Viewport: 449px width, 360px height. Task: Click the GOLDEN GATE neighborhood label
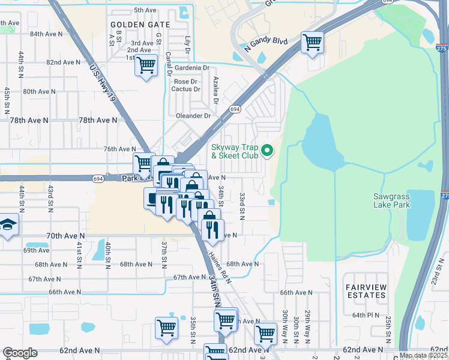click(x=140, y=25)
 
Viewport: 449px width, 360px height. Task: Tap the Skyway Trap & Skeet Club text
click(x=235, y=151)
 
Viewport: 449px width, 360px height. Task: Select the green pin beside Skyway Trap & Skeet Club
click(x=268, y=151)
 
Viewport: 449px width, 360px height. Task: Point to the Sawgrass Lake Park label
click(x=391, y=200)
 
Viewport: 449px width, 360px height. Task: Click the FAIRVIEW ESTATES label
click(x=366, y=291)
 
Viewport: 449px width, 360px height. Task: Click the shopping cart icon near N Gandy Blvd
click(x=312, y=43)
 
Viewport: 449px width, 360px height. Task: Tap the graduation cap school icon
click(x=8, y=225)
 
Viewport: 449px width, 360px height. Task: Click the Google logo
click(x=20, y=353)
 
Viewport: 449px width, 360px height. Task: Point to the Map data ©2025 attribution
click(x=424, y=355)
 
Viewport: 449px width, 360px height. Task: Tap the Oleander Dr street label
click(x=193, y=116)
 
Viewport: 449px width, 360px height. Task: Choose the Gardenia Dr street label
click(x=190, y=68)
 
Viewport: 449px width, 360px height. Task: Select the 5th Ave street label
click(x=145, y=10)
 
